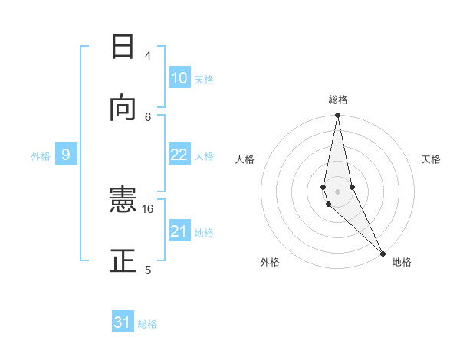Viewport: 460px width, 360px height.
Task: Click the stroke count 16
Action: click(148, 208)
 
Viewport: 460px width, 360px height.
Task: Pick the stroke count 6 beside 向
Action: click(148, 116)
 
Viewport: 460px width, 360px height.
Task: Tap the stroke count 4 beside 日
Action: click(148, 55)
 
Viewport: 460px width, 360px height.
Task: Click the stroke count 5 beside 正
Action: click(148, 270)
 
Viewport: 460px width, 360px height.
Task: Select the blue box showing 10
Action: click(179, 78)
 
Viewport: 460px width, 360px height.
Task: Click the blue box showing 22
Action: click(179, 155)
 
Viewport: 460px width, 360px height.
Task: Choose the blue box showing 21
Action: click(179, 231)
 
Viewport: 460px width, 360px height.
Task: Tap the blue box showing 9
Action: click(66, 155)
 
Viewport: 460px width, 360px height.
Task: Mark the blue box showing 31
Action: click(123, 322)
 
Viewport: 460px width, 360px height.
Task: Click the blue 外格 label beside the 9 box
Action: click(41, 156)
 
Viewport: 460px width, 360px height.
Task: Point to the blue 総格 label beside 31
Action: click(147, 324)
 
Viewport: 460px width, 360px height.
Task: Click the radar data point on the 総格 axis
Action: click(337, 116)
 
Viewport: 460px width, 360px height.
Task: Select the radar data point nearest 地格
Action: click(383, 251)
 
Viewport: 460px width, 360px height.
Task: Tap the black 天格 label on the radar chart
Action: click(432, 159)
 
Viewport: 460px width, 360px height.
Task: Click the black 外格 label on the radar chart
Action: click(270, 262)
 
